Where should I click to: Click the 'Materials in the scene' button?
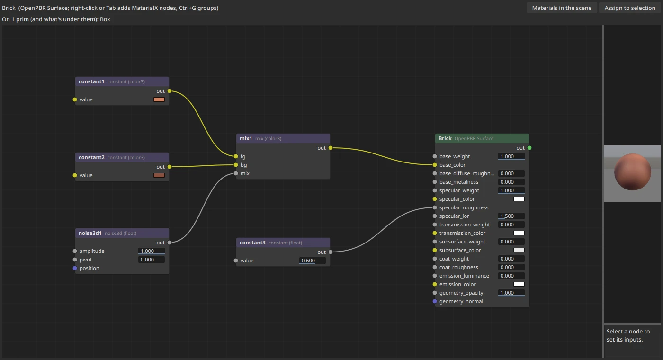[562, 8]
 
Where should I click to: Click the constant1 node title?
[91, 81]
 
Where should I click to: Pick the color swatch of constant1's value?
[159, 99]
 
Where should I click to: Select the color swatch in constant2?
[159, 175]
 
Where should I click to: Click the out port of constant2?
[170, 167]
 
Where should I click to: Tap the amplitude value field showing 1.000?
[151, 251]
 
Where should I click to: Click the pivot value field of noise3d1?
[151, 260]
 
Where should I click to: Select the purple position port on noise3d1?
[75, 268]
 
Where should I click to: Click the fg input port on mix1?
[236, 156]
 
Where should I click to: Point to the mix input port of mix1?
[236, 173]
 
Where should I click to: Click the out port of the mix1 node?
[331, 148]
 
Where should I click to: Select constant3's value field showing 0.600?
[312, 261]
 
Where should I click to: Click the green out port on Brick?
[529, 148]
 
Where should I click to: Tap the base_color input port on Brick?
[435, 165]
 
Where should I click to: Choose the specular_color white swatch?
[519, 199]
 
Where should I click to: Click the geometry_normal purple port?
[435, 301]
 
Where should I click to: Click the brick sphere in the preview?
[633, 171]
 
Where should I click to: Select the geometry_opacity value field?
[511, 293]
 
